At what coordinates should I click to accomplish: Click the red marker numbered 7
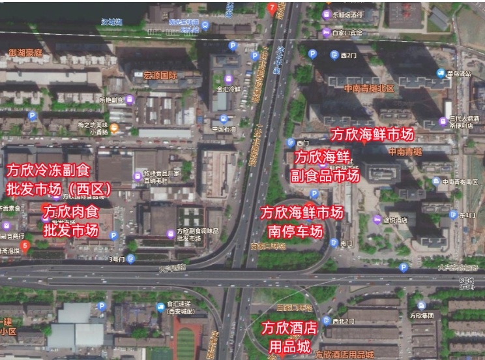[x=272, y=8]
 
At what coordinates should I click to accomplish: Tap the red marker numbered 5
[x=25, y=246]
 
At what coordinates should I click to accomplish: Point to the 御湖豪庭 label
[x=25, y=52]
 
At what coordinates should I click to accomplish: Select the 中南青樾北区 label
[x=370, y=88]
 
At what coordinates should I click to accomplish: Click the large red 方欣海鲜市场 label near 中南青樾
[x=372, y=134]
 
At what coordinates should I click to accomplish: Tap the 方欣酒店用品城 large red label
[x=289, y=337]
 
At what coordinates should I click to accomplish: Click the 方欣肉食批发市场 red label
[x=70, y=220]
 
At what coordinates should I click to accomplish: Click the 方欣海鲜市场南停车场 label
[x=301, y=222]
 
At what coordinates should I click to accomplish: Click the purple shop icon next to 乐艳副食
[x=130, y=100]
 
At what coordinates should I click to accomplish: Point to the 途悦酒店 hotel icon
[x=377, y=220]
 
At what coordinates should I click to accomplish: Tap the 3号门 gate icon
[x=131, y=259]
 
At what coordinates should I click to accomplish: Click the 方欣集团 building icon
[x=421, y=305]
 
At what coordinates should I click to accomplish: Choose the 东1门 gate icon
[x=452, y=215]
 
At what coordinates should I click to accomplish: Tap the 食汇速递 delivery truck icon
[x=160, y=306]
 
